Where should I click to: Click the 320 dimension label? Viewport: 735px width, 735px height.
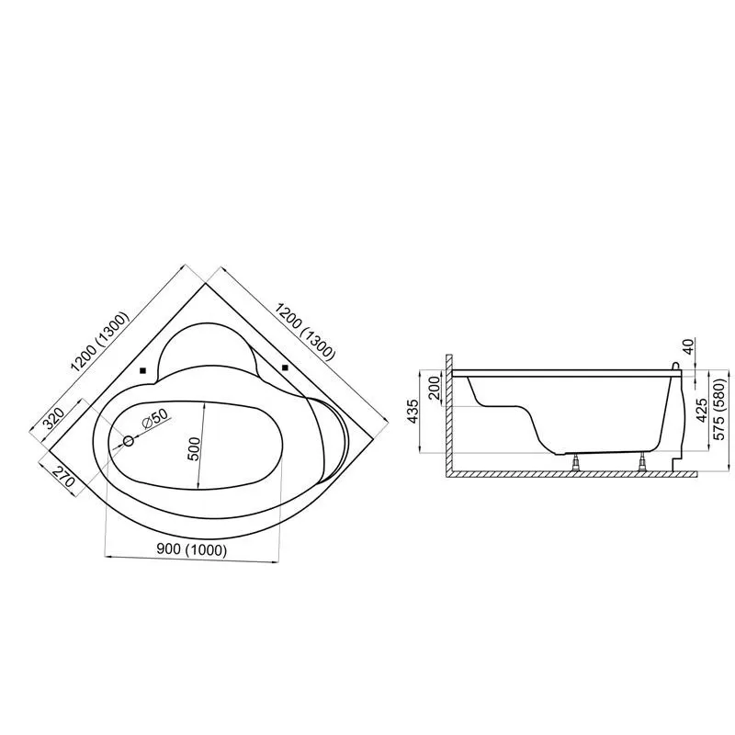(x=53, y=419)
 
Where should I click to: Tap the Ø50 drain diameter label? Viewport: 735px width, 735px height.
(x=154, y=418)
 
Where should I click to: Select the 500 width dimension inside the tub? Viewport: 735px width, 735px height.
(x=195, y=448)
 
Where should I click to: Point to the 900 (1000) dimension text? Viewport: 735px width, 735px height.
(x=192, y=549)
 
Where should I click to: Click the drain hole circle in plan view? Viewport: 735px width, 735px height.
(x=129, y=441)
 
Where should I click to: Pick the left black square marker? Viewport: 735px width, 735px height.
(x=143, y=370)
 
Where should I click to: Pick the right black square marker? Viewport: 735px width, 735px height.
(x=285, y=367)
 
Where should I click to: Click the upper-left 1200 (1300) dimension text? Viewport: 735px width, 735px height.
(x=99, y=342)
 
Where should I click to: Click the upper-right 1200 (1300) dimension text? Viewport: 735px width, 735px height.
(x=305, y=332)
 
